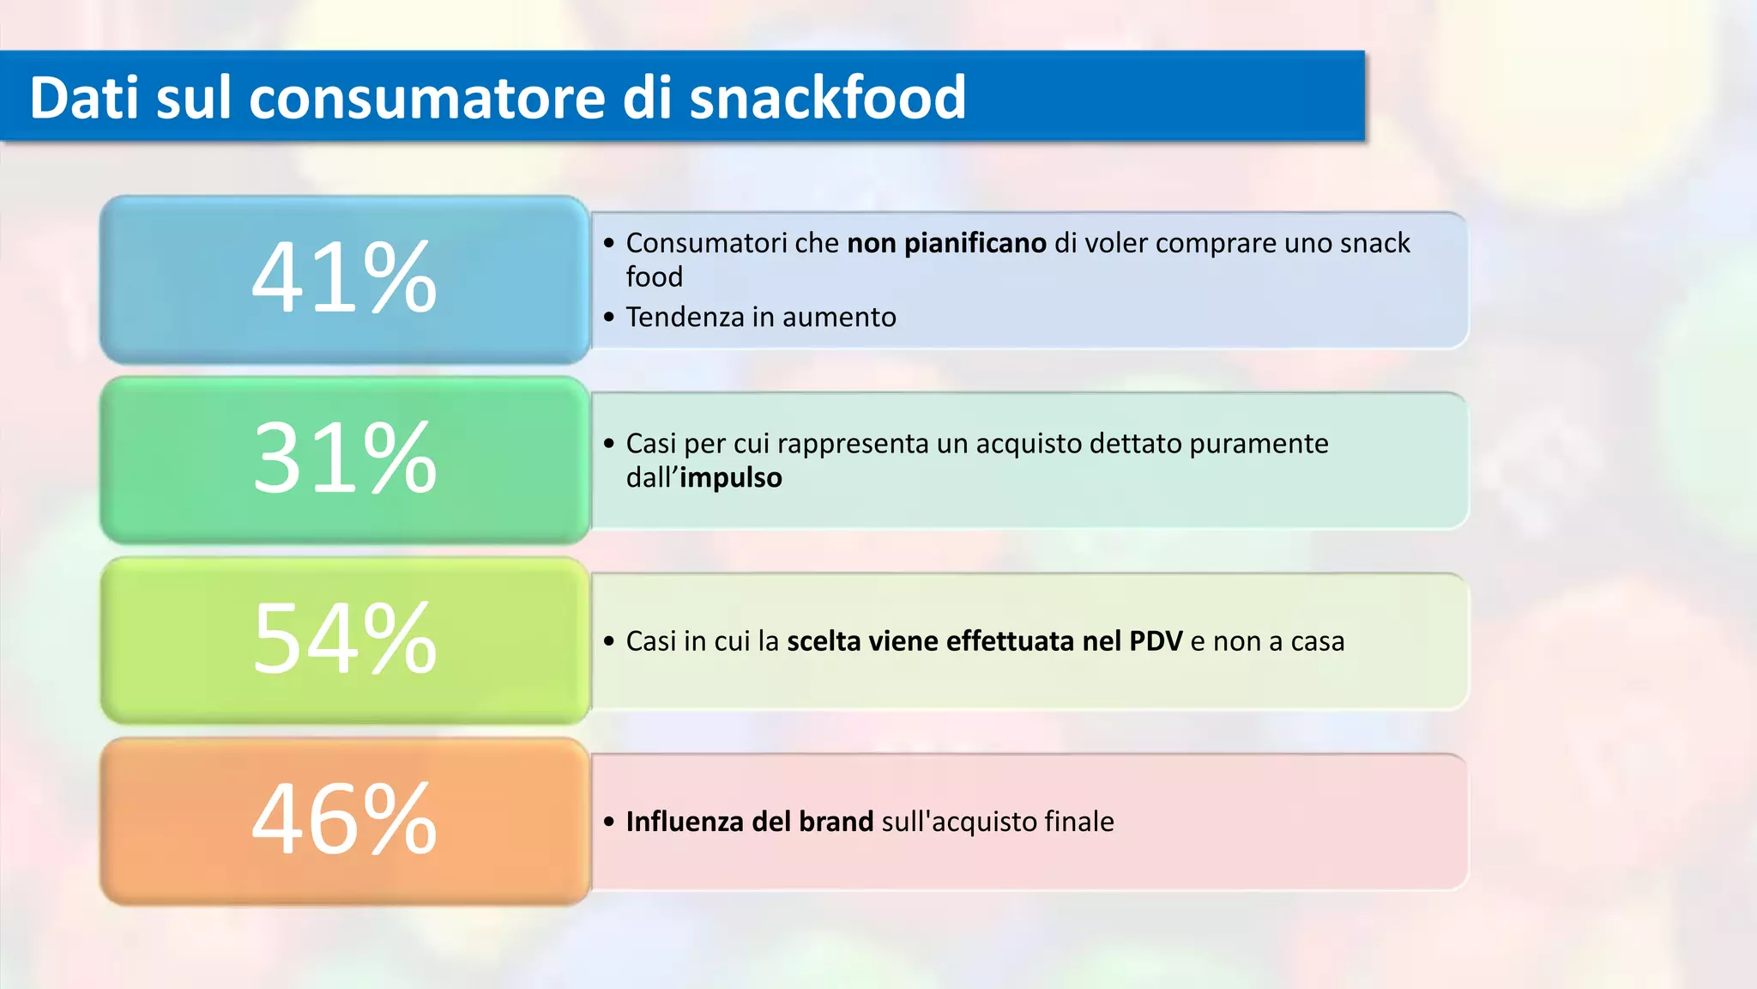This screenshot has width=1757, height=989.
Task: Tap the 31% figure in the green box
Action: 344,458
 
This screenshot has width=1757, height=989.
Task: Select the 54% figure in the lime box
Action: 344,639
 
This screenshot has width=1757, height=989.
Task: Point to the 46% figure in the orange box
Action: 344,820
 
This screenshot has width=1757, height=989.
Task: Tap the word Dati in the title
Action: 84,97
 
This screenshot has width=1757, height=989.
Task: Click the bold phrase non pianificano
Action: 946,244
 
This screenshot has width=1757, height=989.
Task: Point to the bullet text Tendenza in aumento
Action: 761,318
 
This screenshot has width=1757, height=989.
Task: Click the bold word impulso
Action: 731,478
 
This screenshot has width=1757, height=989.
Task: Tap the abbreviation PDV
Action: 1156,641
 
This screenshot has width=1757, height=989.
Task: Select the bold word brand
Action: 836,822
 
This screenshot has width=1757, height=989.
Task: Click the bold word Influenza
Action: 685,822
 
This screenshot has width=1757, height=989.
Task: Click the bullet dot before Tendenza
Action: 609,318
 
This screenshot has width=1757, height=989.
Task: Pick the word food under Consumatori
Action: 654,277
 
